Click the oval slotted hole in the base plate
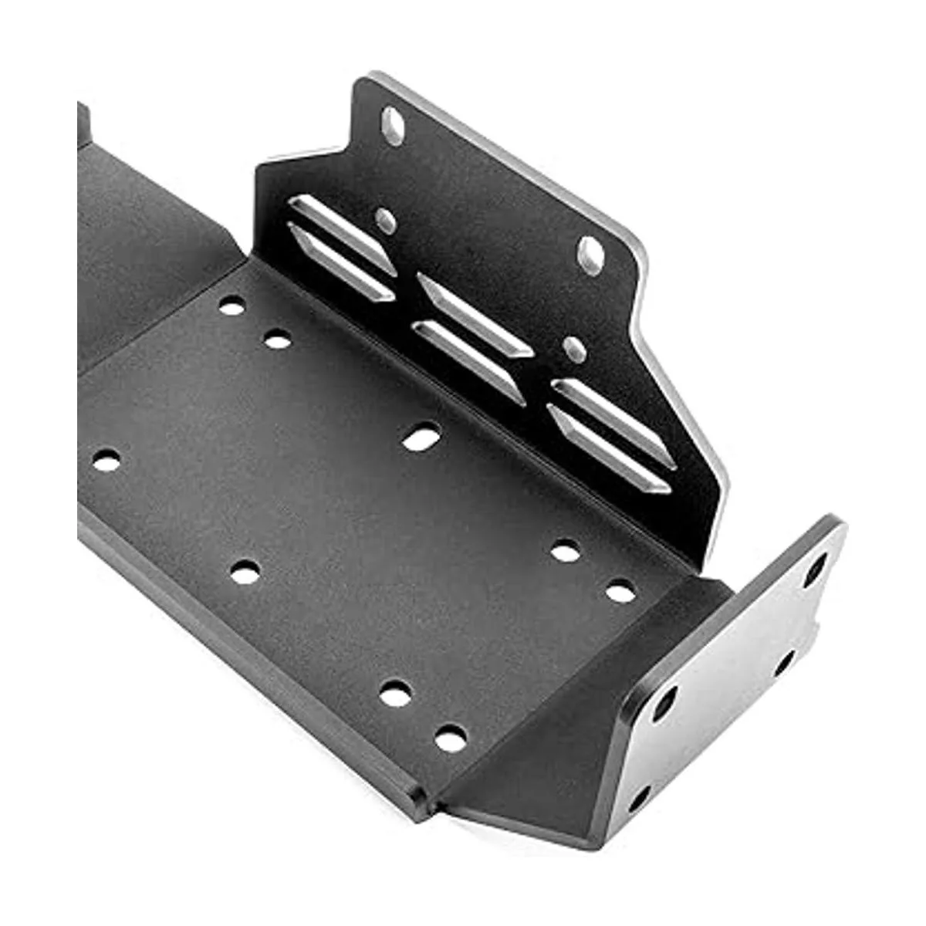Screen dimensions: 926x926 [x=421, y=438]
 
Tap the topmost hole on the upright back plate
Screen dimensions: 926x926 [x=393, y=126]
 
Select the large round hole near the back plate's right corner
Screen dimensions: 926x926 [x=591, y=254]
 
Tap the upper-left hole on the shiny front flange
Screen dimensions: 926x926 [x=664, y=702]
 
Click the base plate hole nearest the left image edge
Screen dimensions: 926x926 [x=106, y=461]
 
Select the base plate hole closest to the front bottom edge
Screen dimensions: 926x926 [x=451, y=738]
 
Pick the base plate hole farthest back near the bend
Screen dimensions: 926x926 [x=231, y=306]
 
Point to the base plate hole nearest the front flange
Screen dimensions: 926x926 [x=620, y=593]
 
